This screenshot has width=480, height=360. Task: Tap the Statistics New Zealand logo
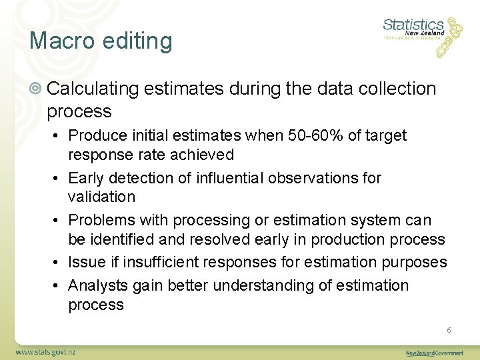(422, 35)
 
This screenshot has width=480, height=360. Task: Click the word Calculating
(93, 89)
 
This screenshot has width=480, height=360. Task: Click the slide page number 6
(449, 330)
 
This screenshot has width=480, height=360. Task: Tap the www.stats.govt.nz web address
(46, 351)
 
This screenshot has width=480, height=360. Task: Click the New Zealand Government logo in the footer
(435, 353)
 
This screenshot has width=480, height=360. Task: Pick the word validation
(101, 197)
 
